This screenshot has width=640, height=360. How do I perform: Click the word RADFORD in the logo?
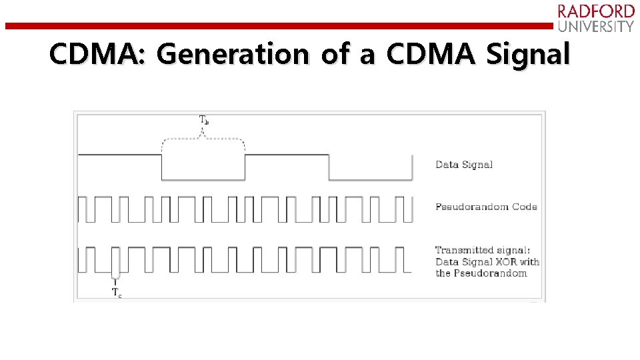point(596,11)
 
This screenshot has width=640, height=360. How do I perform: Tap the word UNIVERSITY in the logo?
point(596,27)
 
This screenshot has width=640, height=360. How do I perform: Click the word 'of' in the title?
point(335,55)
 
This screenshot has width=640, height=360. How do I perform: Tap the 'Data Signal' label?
point(464,164)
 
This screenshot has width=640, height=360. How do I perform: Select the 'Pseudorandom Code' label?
point(486,207)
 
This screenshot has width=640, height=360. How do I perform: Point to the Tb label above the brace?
point(204,121)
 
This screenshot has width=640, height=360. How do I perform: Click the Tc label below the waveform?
point(116,292)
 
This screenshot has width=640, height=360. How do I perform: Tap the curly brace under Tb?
point(203,141)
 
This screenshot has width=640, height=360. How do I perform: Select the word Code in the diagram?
point(525,207)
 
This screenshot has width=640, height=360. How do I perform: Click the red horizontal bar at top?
point(280,26)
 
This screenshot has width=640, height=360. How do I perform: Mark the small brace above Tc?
point(116,277)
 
